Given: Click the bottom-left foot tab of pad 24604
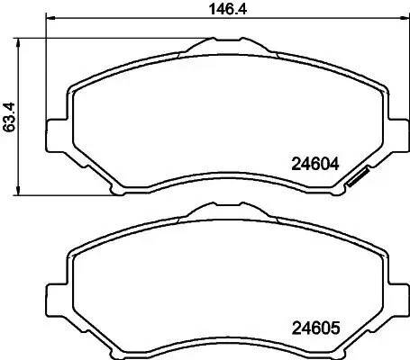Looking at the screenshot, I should point(115,189).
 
